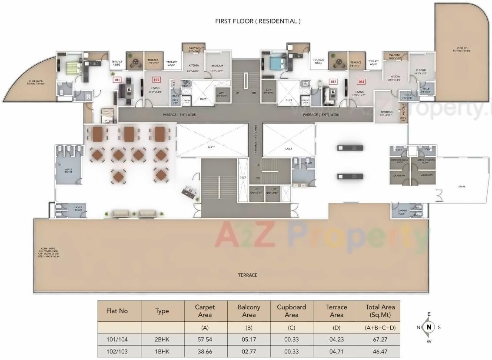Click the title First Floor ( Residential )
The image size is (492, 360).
[258, 21]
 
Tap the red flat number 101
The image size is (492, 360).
[116, 80]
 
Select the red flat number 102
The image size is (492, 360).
[156, 80]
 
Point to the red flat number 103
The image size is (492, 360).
[333, 82]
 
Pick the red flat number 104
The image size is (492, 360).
[361, 81]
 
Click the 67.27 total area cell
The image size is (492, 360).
[380, 339]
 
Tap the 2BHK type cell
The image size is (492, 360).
[162, 339]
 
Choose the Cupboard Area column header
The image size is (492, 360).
[291, 310]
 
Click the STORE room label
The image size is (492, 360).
[462, 187]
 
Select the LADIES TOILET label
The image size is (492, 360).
[78, 209]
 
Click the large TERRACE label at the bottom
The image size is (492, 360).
[247, 275]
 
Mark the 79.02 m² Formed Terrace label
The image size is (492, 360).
[461, 50]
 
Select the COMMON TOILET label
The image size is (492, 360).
[402, 213]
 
